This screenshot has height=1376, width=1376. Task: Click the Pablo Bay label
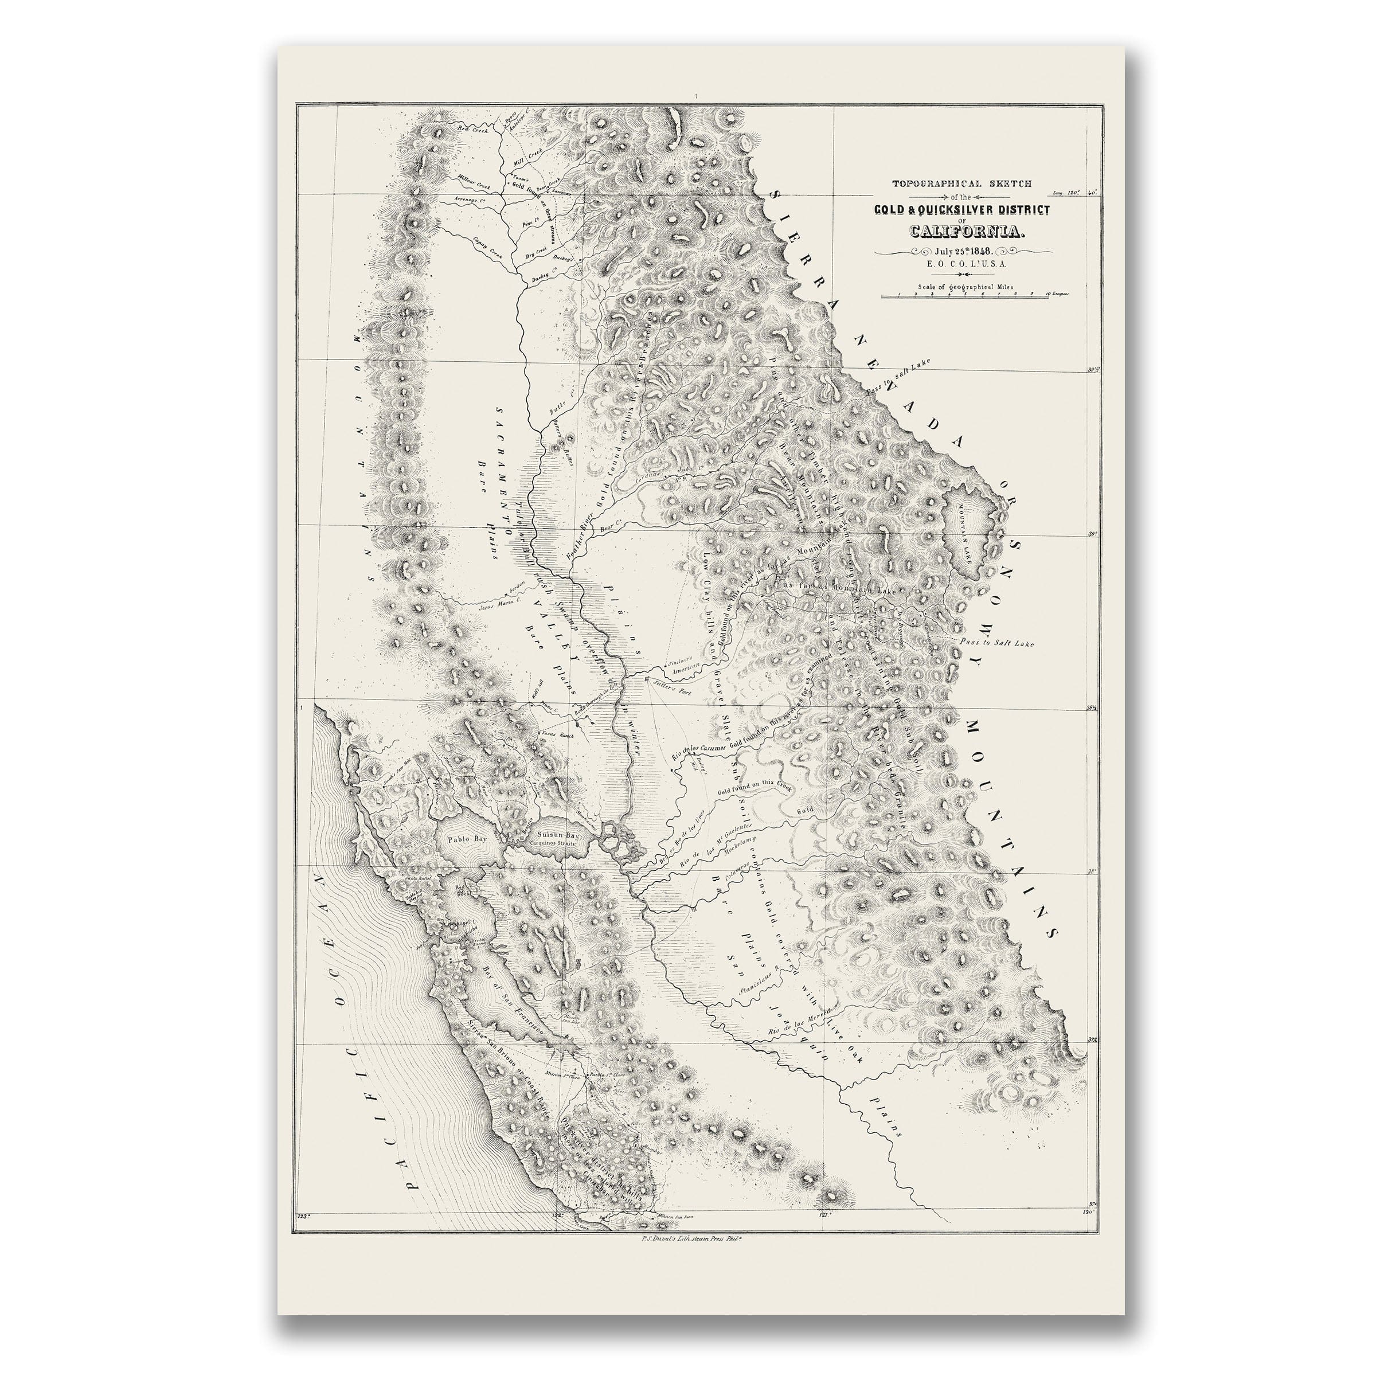[467, 839]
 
